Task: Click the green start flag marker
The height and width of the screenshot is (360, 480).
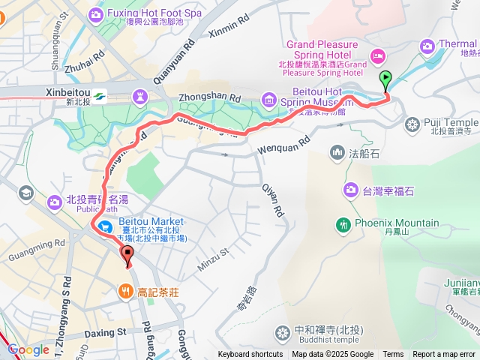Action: click(385, 76)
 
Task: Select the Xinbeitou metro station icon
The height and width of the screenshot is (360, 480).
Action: click(100, 94)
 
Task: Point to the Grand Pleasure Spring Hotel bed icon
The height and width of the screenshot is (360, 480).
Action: click(377, 54)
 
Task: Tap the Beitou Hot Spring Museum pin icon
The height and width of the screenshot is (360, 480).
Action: click(268, 97)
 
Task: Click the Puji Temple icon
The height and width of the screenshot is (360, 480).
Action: click(412, 123)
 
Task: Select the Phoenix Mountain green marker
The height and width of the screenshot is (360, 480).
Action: click(344, 223)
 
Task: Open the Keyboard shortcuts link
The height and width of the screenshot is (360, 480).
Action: click(250, 355)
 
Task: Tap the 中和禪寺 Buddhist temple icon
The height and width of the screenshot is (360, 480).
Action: click(282, 331)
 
